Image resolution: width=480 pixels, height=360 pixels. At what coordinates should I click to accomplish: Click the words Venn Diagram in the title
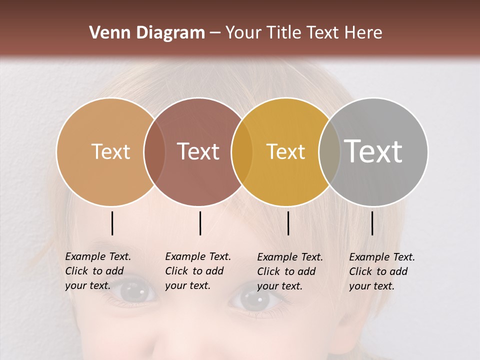(x=147, y=33)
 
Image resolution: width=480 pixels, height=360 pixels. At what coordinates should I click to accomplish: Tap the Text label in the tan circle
(x=110, y=151)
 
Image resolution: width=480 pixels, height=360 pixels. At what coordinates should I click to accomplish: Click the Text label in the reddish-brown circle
(x=198, y=151)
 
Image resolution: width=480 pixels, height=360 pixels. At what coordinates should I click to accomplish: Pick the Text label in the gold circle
(x=285, y=151)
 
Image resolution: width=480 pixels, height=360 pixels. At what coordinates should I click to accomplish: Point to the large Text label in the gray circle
(x=373, y=151)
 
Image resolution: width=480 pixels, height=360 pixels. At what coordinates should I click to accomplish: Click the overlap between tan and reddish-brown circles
(x=154, y=151)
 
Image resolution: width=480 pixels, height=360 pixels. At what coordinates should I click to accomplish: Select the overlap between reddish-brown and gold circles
(x=242, y=151)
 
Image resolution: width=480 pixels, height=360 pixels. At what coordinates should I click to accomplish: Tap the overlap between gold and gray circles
(x=329, y=151)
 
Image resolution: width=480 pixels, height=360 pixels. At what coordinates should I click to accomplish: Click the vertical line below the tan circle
(x=112, y=223)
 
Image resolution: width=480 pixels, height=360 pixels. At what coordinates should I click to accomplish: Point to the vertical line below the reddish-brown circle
(x=200, y=223)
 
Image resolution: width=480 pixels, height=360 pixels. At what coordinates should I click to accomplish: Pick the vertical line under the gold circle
(x=288, y=223)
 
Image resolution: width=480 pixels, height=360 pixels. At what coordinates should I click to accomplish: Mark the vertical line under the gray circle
(x=372, y=223)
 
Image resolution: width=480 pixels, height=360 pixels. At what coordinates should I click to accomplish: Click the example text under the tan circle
(x=97, y=271)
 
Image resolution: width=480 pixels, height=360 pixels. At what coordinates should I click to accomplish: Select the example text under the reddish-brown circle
(x=197, y=271)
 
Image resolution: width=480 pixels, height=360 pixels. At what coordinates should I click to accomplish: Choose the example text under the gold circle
(x=289, y=271)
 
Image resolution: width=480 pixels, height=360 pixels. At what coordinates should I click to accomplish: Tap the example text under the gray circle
(x=381, y=271)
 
